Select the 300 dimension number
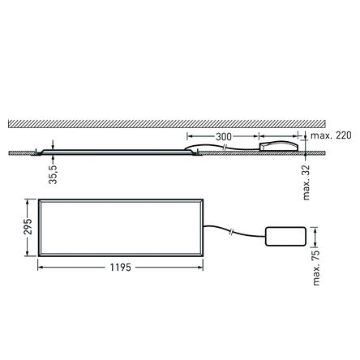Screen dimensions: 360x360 223,136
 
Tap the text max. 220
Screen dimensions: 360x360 332,135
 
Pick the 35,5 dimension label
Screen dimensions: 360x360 53,174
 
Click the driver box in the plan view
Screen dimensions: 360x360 285,235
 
